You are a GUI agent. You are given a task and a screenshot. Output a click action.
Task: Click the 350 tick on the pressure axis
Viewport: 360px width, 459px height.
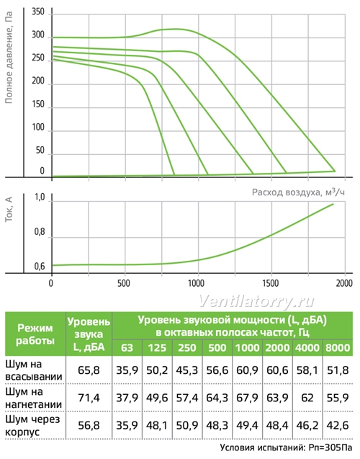(38, 12)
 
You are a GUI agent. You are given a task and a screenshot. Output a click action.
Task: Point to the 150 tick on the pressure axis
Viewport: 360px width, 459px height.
(38, 104)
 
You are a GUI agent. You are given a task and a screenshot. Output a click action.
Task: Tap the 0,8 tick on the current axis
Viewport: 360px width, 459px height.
(40, 232)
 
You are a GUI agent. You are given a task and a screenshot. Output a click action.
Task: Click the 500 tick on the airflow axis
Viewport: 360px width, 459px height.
(124, 283)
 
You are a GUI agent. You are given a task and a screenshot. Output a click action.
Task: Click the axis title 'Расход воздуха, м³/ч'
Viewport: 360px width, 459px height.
(298, 192)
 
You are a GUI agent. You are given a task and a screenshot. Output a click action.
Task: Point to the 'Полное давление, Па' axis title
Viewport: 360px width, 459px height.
(9, 58)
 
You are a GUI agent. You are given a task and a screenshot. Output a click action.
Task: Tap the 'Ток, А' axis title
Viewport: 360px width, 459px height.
(9, 209)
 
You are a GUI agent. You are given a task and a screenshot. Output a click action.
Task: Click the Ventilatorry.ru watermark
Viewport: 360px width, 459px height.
(257, 301)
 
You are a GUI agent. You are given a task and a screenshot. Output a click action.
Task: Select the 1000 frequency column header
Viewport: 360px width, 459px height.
(248, 348)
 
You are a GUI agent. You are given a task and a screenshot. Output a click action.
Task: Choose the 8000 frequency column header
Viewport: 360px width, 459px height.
(338, 348)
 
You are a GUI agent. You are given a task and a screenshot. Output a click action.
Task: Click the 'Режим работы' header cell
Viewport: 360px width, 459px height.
(35, 334)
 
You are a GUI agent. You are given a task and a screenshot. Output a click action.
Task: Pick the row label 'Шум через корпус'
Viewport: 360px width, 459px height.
(32, 425)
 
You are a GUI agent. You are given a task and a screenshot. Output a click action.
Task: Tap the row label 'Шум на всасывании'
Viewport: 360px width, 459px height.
(34, 370)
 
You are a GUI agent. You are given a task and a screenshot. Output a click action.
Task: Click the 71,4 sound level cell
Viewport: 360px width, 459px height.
(89, 398)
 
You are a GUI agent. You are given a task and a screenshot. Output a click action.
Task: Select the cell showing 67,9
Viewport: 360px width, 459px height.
(248, 398)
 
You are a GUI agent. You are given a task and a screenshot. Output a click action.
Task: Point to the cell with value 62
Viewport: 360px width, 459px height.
(307, 398)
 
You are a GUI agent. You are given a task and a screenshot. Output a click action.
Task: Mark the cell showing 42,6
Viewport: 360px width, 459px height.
(338, 425)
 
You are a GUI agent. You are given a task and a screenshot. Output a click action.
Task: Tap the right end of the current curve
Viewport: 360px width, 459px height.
(333, 204)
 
